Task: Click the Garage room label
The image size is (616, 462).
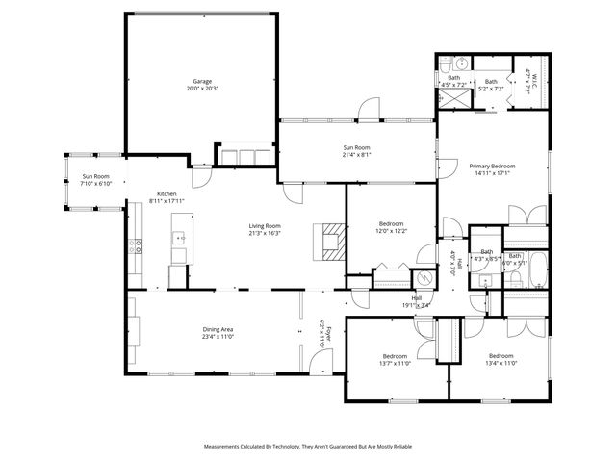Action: coord(201,81)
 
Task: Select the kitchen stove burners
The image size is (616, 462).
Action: coord(136,245)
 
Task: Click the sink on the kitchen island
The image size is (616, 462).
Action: coord(178,237)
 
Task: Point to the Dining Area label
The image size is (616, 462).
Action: coord(218,329)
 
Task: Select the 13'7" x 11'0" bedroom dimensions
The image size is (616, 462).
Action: coord(394,364)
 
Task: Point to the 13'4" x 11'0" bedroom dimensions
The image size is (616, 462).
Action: coord(501,364)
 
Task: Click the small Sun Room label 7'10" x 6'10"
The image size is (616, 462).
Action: coord(95,183)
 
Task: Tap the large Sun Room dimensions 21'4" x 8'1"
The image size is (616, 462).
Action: coord(356,154)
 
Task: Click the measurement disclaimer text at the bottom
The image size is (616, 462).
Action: coord(307,447)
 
